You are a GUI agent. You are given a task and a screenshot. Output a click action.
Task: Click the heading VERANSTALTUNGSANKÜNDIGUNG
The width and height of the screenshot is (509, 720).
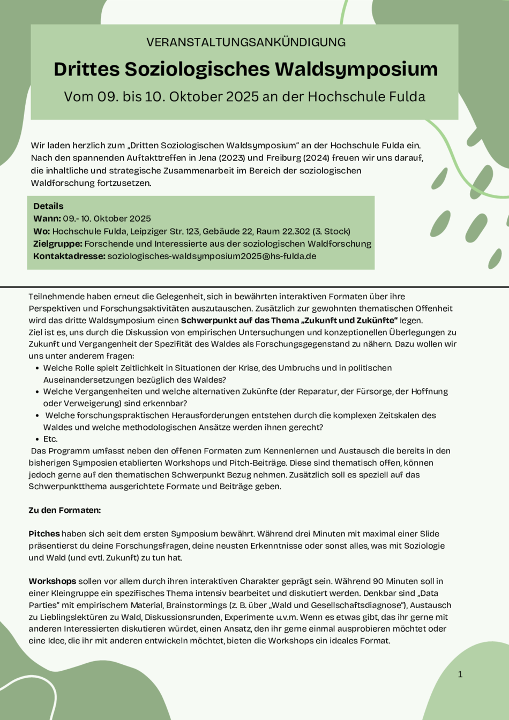click(246, 42)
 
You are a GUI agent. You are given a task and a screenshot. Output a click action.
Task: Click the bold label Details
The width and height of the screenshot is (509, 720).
click(48, 206)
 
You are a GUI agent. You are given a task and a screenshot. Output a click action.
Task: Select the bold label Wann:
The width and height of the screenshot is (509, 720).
click(47, 218)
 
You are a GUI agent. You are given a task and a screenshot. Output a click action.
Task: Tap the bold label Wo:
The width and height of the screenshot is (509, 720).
click(41, 231)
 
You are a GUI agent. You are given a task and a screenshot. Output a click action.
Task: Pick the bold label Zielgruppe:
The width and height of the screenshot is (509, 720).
click(58, 244)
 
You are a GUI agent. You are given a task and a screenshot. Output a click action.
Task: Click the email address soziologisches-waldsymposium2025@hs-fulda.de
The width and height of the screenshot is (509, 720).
click(212, 256)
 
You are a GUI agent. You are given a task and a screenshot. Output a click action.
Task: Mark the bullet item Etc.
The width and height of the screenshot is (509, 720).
click(50, 439)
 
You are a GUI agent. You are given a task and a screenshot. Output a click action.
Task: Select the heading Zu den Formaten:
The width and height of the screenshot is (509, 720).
click(65, 510)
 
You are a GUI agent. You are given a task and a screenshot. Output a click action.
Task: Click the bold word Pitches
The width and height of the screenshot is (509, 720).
click(44, 534)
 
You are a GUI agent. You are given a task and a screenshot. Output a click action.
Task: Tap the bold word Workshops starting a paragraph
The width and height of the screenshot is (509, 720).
click(53, 581)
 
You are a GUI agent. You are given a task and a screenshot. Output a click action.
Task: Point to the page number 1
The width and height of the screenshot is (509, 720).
click(460, 674)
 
